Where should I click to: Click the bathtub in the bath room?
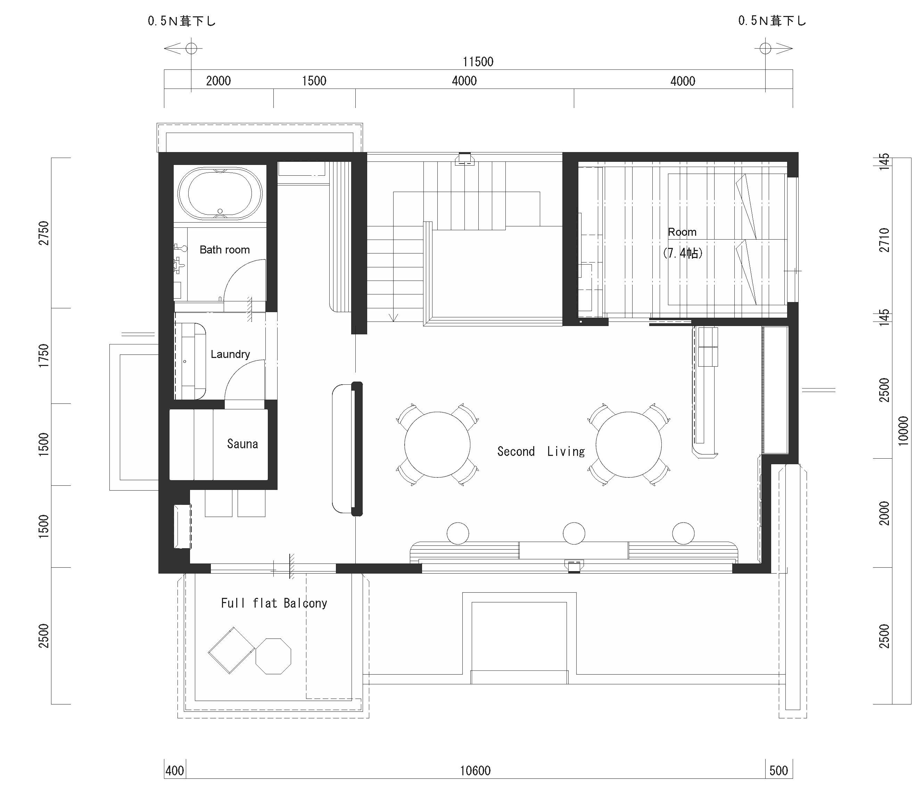tap(220, 194)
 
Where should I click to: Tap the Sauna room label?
tap(242, 444)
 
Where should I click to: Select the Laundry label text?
tap(230, 354)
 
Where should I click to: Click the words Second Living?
tap(541, 451)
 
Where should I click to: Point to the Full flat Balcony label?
tap(274, 603)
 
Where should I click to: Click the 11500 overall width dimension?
tap(478, 61)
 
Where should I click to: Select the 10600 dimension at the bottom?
tap(475, 770)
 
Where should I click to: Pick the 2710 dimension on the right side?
tap(884, 240)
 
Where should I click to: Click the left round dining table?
tap(437, 445)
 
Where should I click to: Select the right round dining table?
tap(628, 445)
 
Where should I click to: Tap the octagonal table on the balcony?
tap(273, 656)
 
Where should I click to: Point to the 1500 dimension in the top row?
tap(314, 81)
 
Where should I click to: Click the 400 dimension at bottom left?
tap(175, 770)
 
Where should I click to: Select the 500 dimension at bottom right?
tap(778, 770)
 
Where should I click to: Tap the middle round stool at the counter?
tap(574, 533)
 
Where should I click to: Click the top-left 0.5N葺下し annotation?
tap(182, 21)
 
